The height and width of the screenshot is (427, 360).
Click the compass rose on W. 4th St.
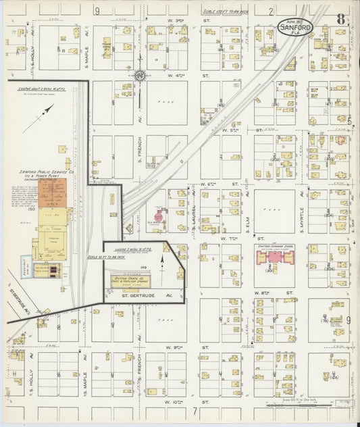click(x=140, y=75)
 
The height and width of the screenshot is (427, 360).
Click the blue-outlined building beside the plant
click(x=25, y=265)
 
